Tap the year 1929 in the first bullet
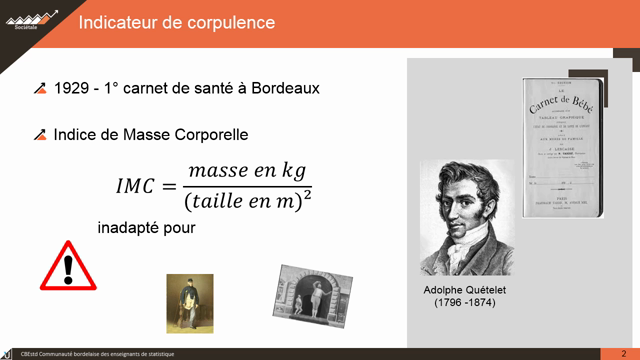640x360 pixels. [x=72, y=88]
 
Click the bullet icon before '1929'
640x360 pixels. [x=41, y=88]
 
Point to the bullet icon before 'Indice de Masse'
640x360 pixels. [x=41, y=134]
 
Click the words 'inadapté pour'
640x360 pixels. [x=146, y=228]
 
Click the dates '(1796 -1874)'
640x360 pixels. [x=458, y=302]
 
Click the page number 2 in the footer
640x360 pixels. [x=622, y=352]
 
